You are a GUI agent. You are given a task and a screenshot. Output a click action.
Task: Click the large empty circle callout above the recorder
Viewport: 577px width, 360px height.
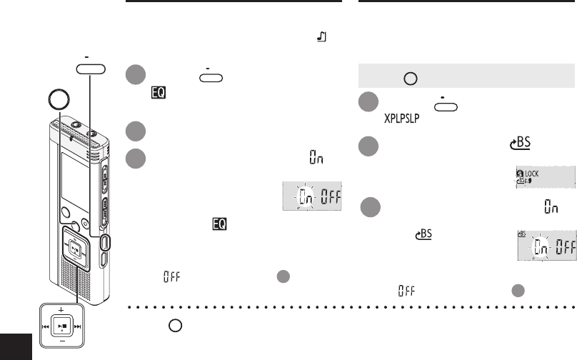click(55, 101)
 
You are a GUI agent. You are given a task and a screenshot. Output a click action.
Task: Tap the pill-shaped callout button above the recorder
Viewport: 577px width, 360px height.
click(90, 69)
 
